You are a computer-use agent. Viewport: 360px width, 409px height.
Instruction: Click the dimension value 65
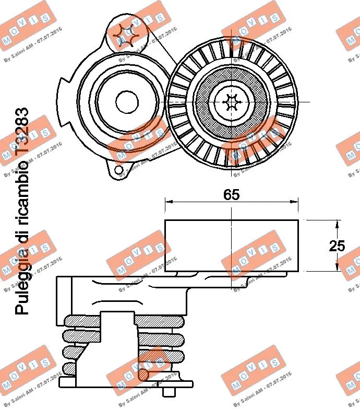pyautogui.click(x=231, y=195)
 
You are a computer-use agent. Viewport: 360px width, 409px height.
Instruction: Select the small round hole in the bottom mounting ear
pyautogui.click(x=119, y=169)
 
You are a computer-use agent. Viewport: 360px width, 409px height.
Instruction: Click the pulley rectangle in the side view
pyautogui.click(x=231, y=246)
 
